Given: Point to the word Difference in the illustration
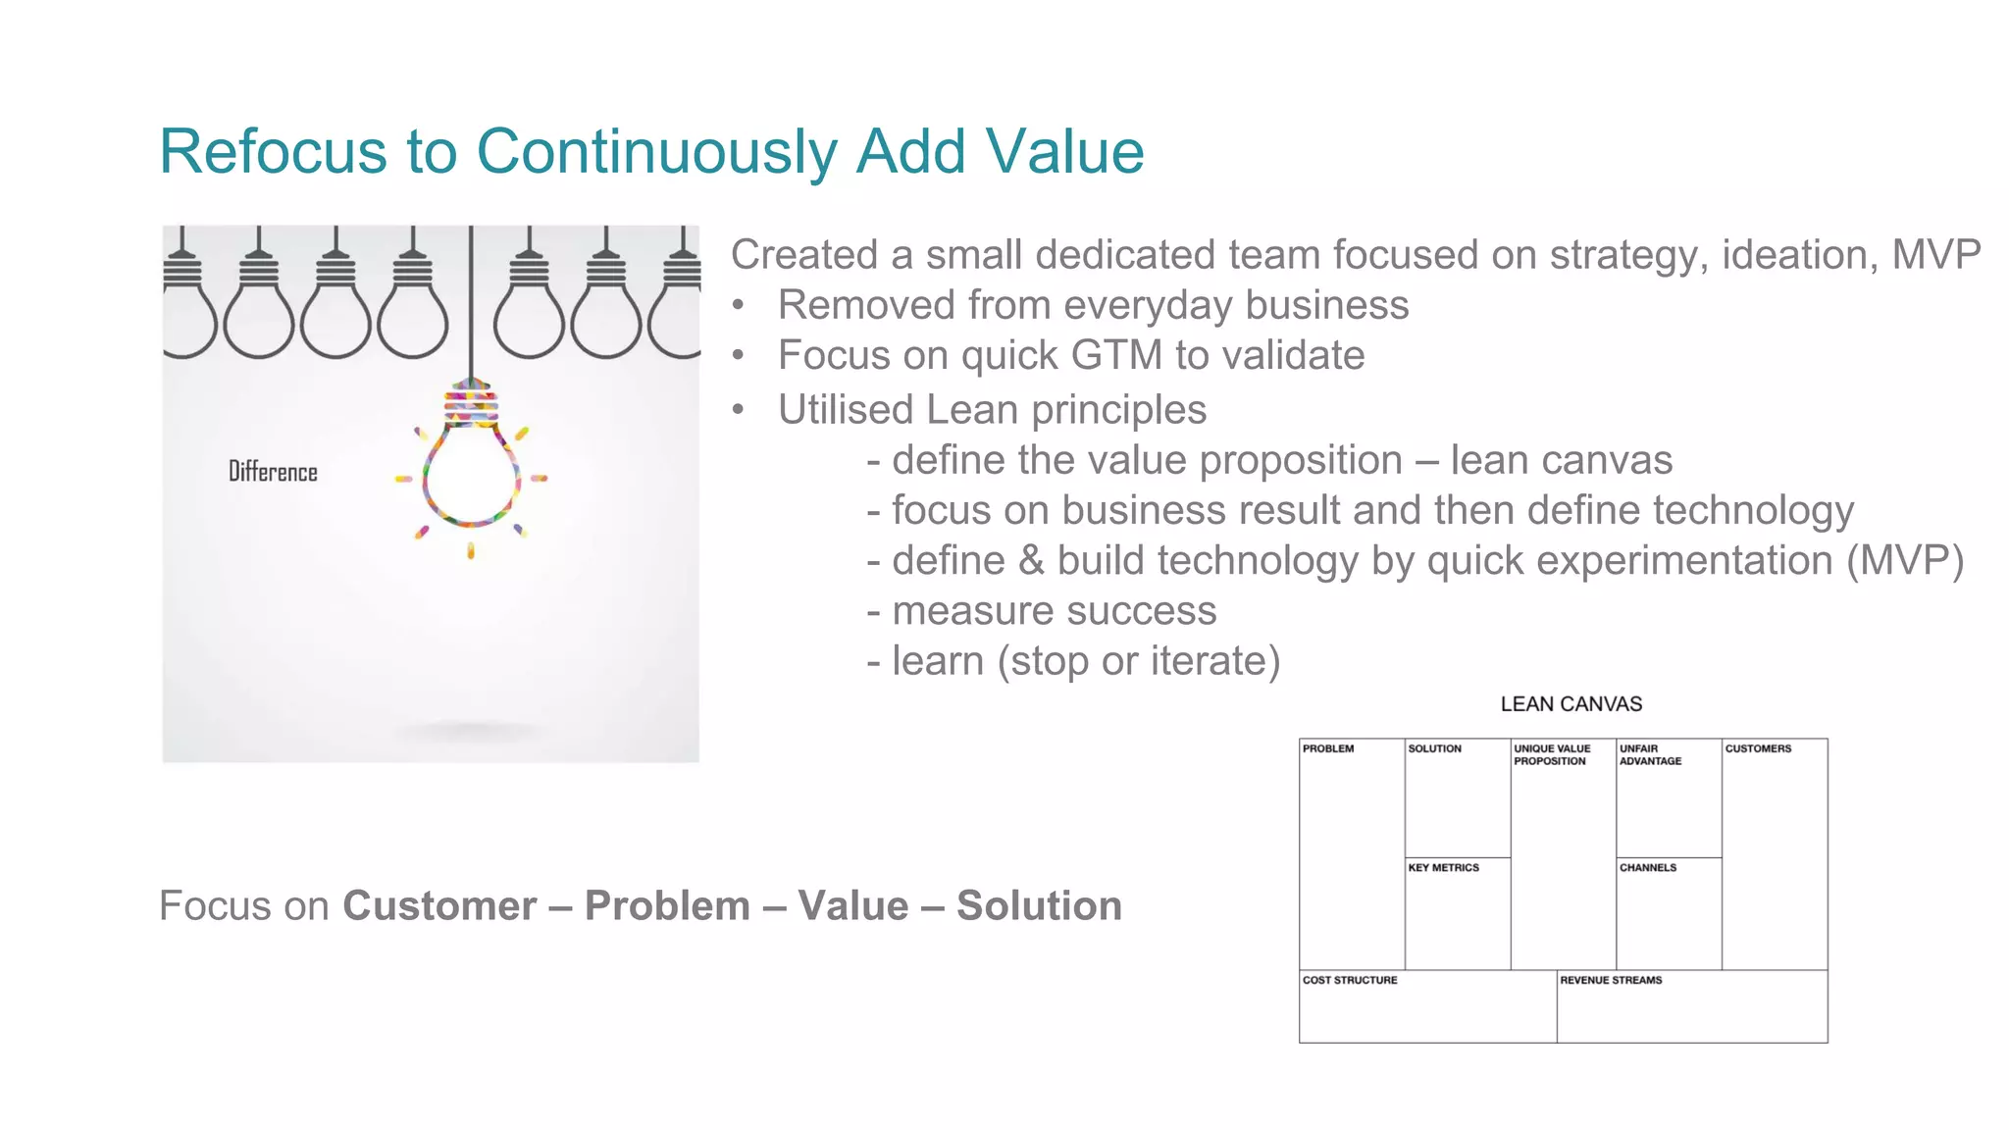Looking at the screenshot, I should [x=273, y=472].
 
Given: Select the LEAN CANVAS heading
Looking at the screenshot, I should [x=1571, y=704].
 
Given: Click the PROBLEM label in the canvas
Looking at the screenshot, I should [x=1328, y=748].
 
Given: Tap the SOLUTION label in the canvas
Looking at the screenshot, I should [x=1434, y=748].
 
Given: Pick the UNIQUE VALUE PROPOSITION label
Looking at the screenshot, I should [x=1552, y=754].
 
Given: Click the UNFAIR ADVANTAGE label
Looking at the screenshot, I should [x=1650, y=754].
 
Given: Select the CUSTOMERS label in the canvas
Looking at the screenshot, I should [x=1758, y=748].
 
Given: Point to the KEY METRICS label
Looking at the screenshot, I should [x=1443, y=868].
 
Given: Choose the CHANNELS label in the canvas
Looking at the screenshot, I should [x=1648, y=868].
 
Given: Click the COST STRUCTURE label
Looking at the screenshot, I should [x=1350, y=980].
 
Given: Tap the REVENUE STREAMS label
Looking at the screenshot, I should [x=1611, y=980].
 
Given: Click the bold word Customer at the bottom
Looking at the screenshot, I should [x=439, y=906].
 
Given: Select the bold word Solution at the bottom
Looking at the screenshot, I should [x=1039, y=906].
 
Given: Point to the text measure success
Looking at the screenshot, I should [x=1055, y=611].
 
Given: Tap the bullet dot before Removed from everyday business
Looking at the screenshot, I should [x=738, y=305].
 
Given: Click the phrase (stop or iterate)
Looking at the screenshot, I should [x=1139, y=662].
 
